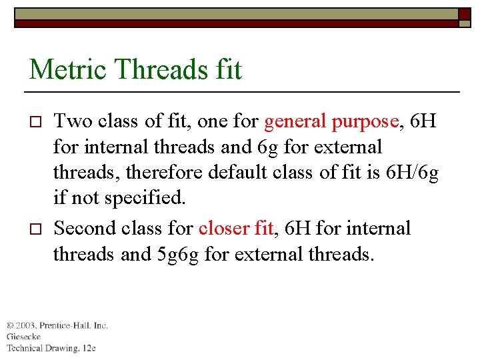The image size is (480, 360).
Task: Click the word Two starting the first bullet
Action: tap(72, 121)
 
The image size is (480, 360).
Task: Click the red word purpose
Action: tap(364, 122)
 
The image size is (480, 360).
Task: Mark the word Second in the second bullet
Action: tap(85, 228)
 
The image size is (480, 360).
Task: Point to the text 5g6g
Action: tap(178, 255)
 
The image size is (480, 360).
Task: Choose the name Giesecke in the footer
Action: tap(24, 337)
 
